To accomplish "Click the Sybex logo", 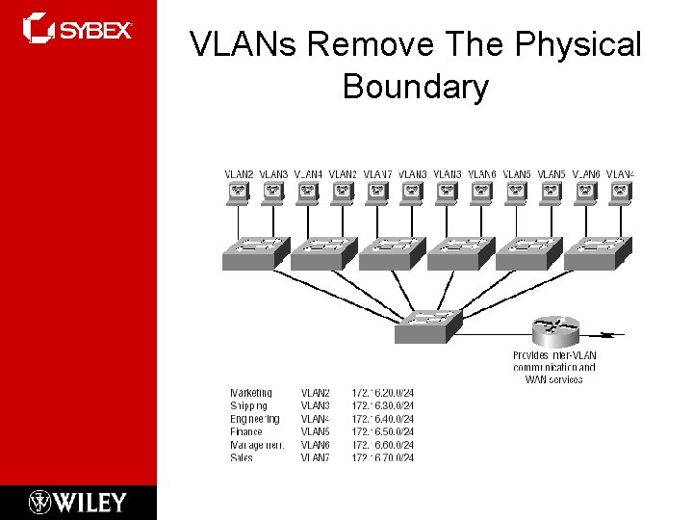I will (77, 28).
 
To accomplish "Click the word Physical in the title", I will (577, 44).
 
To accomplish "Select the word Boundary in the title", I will (415, 87).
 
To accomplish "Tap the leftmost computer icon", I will (238, 193).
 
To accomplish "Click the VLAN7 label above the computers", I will (377, 174).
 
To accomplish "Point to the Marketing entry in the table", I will (251, 393).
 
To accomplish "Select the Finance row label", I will (246, 432).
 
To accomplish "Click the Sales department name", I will (242, 458).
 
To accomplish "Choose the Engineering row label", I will (254, 419).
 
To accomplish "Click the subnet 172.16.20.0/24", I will (382, 393).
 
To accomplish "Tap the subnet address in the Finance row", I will (382, 432).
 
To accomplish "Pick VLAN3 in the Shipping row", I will (315, 406).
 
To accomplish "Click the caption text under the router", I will (553, 367).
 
